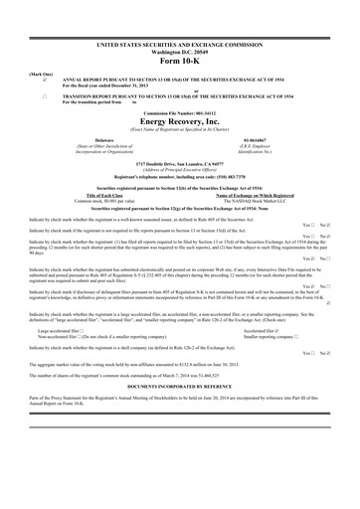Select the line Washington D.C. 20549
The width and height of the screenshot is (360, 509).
[x=180, y=54]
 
